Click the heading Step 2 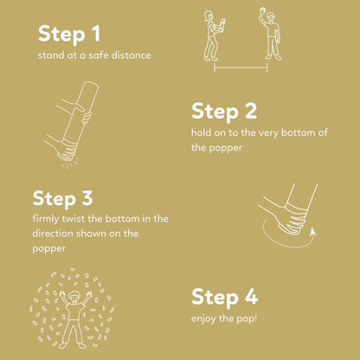click(224, 111)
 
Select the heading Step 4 click(224, 298)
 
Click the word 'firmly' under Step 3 click(47, 217)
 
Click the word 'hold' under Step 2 click(202, 133)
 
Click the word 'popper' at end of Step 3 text click(49, 247)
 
